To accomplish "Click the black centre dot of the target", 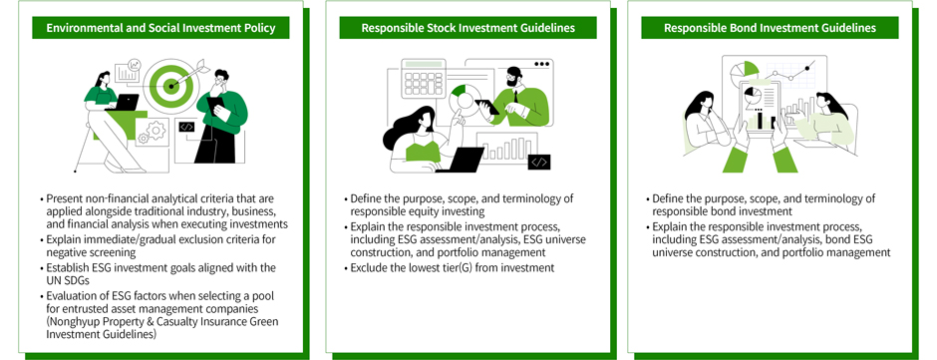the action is (171, 86).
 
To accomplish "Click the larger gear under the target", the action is (156, 130).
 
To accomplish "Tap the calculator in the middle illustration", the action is (423, 78).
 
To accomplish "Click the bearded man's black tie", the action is (515, 95).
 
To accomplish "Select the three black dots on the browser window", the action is (541, 64).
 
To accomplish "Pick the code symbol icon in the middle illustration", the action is (539, 162).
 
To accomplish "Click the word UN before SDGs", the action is (53, 278).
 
